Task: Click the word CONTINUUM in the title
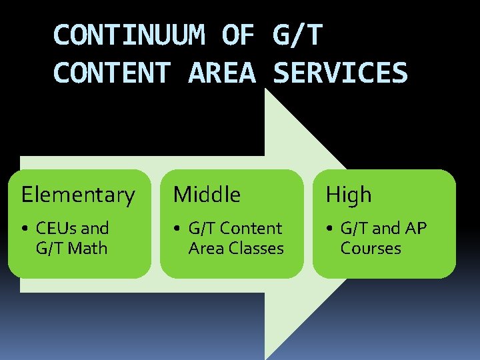pyautogui.click(x=129, y=35)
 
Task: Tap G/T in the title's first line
pyautogui.click(x=297, y=35)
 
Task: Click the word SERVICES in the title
pyautogui.click(x=340, y=73)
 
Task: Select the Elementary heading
pyautogui.click(x=78, y=195)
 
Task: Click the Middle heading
pyautogui.click(x=207, y=195)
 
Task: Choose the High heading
pyautogui.click(x=348, y=195)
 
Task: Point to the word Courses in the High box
pyautogui.click(x=371, y=249)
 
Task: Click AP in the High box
pyautogui.click(x=415, y=229)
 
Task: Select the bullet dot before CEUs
pyautogui.click(x=24, y=229)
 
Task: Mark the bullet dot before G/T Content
pyautogui.click(x=177, y=229)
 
